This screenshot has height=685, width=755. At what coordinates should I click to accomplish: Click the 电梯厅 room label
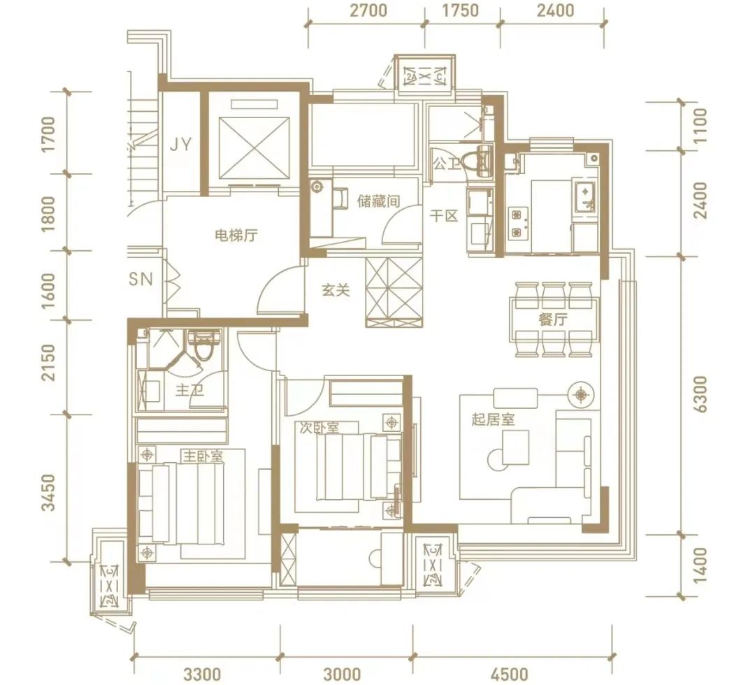(x=236, y=236)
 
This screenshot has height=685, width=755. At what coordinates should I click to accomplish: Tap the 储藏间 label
(x=378, y=201)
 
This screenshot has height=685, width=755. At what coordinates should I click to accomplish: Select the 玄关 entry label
(x=336, y=290)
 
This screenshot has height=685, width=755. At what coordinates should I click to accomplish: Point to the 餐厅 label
(x=553, y=319)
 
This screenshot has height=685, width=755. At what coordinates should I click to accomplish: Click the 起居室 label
(x=493, y=420)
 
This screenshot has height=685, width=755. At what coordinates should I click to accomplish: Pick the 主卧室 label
(x=203, y=455)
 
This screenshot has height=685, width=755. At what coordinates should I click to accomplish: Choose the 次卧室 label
(x=319, y=428)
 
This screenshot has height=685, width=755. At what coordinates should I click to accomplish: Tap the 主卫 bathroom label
(x=189, y=389)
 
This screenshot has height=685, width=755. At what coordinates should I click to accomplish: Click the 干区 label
(x=443, y=216)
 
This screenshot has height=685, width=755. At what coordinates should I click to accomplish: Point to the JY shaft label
(x=180, y=144)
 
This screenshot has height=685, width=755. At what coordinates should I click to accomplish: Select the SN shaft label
(x=141, y=279)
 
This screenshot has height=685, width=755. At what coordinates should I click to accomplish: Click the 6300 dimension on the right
(x=702, y=394)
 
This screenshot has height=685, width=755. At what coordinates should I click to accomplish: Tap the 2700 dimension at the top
(x=368, y=10)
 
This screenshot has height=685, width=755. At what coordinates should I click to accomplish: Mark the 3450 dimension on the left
(x=49, y=492)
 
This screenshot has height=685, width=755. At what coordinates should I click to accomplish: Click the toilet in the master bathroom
(x=203, y=345)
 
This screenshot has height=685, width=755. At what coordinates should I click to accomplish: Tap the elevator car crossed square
(x=254, y=147)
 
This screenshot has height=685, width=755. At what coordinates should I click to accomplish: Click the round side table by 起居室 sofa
(x=582, y=395)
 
